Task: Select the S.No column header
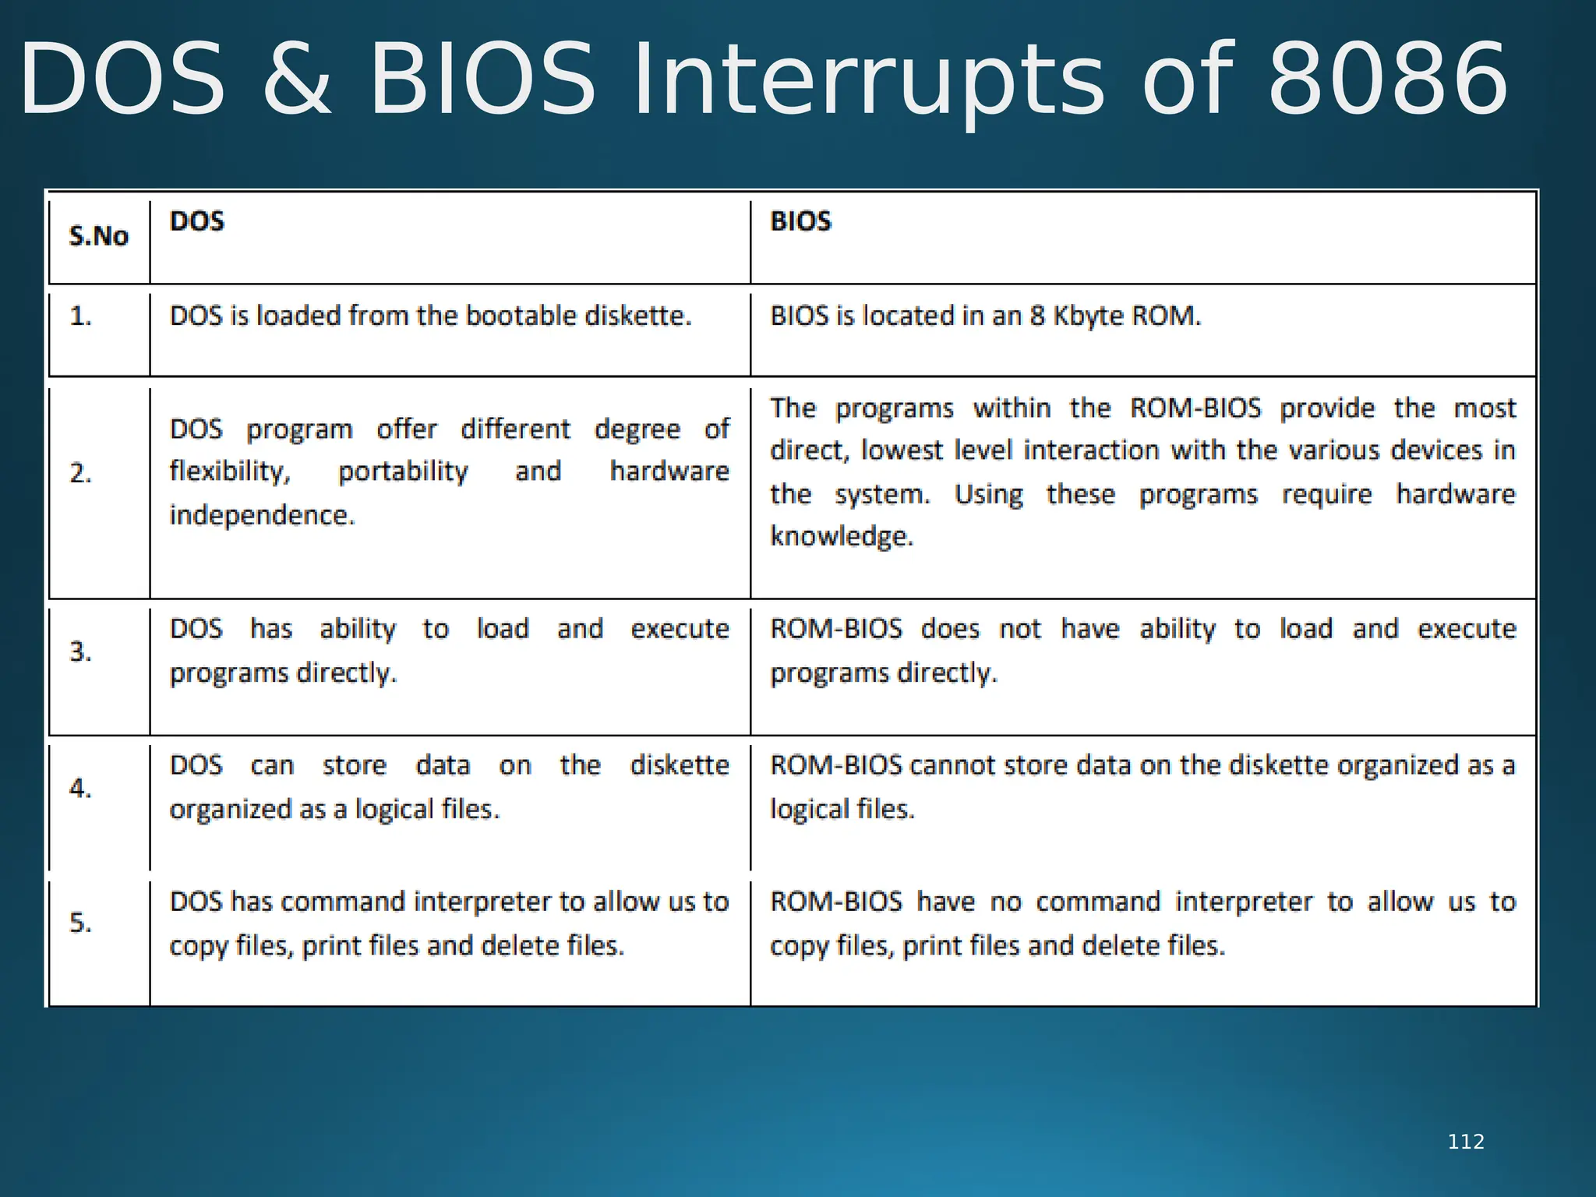(98, 236)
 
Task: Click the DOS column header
(197, 221)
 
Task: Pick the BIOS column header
(800, 221)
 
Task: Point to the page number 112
(1466, 1142)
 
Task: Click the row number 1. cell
(80, 316)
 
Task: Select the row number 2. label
(80, 473)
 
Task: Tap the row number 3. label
(80, 651)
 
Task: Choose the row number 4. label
(80, 788)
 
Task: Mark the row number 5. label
(80, 923)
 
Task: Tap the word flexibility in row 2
(230, 471)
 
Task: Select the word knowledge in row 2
(842, 536)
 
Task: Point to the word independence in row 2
(262, 515)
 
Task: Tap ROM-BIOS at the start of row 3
(835, 629)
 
